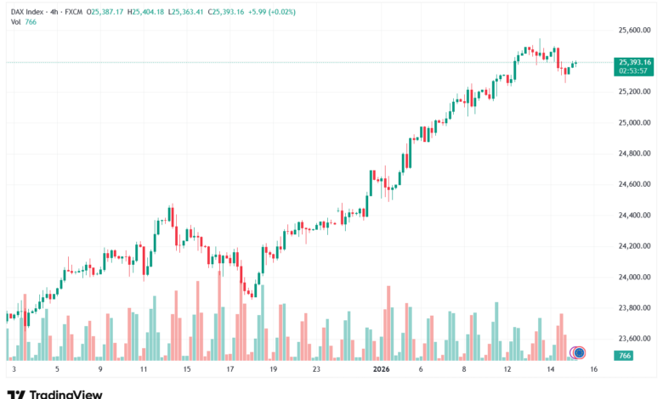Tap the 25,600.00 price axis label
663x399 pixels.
[635, 30]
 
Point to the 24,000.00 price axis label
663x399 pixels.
[635, 277]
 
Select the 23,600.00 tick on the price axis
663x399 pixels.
[635, 339]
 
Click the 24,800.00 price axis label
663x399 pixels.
[635, 154]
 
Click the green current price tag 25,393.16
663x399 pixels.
[635, 62]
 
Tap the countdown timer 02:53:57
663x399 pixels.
[634, 71]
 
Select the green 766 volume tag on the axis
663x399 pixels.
[625, 355]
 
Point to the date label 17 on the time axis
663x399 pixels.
[230, 370]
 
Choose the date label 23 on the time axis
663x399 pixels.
[316, 370]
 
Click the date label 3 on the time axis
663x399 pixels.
[14, 370]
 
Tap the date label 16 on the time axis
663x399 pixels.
[593, 370]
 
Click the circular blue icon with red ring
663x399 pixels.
[579, 352]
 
